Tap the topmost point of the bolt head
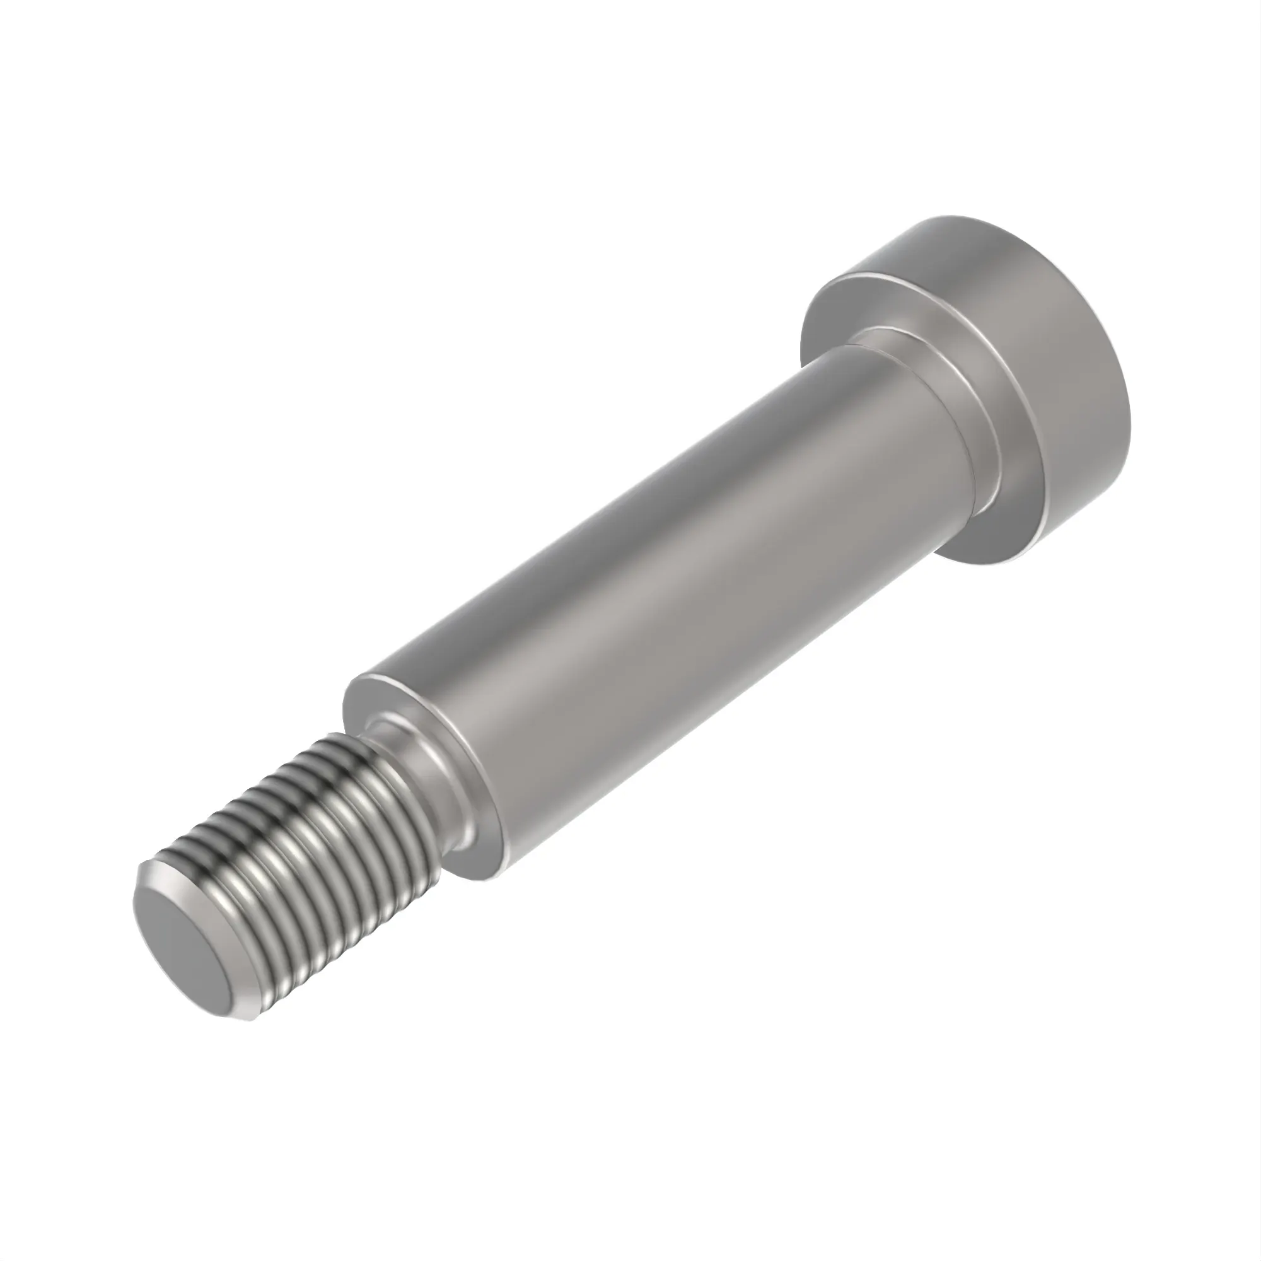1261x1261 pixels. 940,221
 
